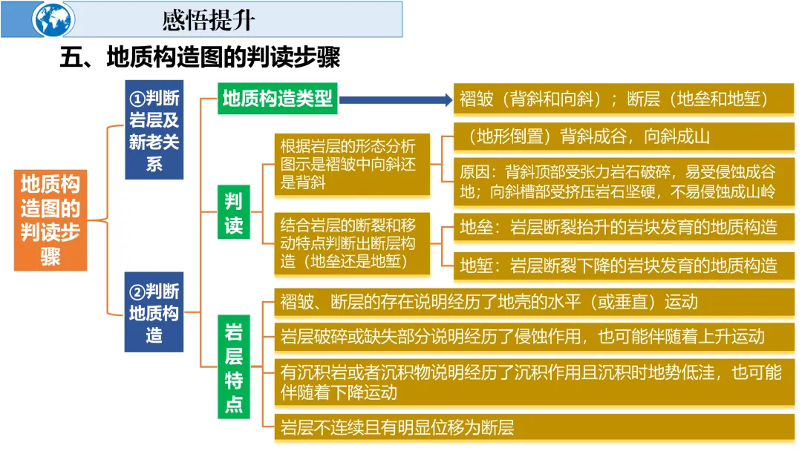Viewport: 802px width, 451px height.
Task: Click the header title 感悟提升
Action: click(208, 20)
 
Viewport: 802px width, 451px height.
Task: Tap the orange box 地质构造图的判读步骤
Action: click(50, 220)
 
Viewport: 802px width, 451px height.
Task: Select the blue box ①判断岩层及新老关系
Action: click(154, 130)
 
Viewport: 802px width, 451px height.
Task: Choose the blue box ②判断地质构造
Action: click(154, 312)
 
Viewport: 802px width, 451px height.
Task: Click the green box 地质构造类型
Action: click(278, 99)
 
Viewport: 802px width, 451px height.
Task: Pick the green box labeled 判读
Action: click(234, 213)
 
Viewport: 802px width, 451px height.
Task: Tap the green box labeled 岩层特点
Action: click(234, 368)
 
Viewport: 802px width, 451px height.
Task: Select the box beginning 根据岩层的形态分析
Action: click(352, 164)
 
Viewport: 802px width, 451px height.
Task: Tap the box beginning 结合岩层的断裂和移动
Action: click(352, 243)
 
